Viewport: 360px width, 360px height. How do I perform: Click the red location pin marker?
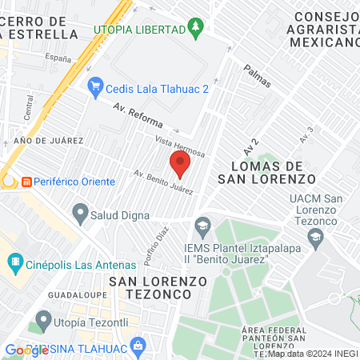point(180,166)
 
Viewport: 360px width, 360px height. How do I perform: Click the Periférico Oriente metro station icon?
point(26,182)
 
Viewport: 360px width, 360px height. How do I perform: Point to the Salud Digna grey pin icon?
point(80,213)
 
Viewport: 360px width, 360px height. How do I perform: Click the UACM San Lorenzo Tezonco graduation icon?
point(316,236)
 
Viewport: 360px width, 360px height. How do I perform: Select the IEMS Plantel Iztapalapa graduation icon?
point(203,226)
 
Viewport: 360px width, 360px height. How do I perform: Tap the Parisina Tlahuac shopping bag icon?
point(138,346)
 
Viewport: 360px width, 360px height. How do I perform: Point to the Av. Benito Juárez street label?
point(163,183)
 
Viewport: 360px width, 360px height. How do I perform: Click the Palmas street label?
point(258,77)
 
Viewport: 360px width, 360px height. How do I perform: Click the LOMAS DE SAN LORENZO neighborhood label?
point(267,170)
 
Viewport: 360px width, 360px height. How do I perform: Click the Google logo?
point(26,350)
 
